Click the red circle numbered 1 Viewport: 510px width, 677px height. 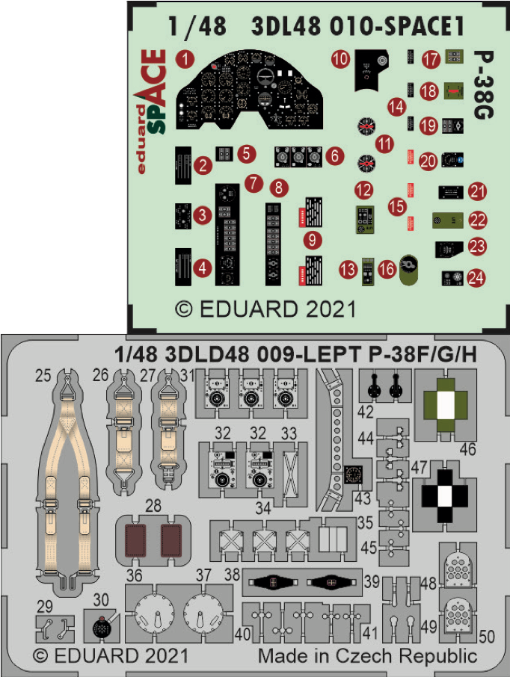click(185, 58)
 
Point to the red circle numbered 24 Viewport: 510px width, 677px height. click(476, 278)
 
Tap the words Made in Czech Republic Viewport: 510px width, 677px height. click(367, 657)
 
